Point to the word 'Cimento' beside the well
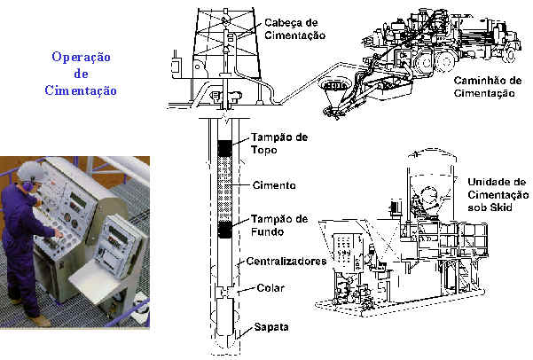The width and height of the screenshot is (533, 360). (273, 185)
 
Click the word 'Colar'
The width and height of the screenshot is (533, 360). (270, 287)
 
